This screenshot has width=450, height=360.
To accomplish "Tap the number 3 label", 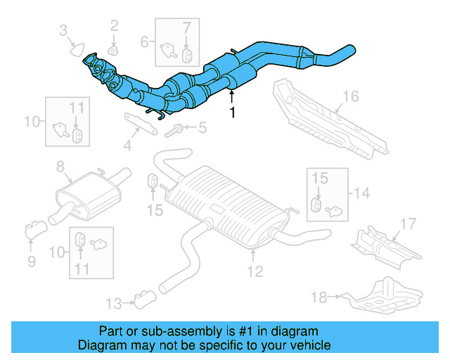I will pos(63,30).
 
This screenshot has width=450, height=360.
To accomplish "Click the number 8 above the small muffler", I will pos(60,166).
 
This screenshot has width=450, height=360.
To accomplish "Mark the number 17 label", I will pos(409,225).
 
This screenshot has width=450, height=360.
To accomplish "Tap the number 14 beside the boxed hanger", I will pos(361,193).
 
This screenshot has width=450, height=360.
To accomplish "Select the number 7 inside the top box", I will pos(186,28).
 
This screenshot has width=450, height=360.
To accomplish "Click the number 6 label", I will pos(145,41).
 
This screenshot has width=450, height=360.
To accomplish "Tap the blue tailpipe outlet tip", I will pos(348,51).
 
